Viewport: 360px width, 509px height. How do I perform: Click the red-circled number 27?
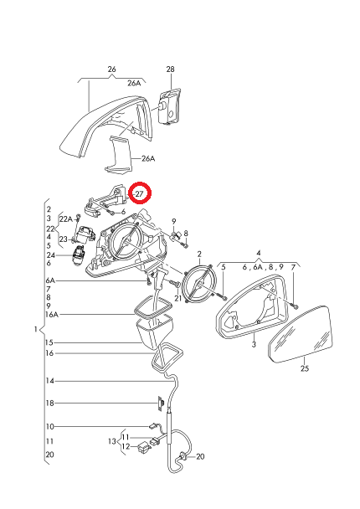coord(140,193)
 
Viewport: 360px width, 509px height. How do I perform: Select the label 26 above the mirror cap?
coord(111,69)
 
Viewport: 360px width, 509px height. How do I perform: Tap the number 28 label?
coord(170,69)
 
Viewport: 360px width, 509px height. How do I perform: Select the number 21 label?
coord(177,298)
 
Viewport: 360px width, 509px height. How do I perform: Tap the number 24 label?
coord(50,255)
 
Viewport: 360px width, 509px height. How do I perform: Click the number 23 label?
coord(63,239)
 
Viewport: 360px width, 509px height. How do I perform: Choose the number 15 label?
coord(49,342)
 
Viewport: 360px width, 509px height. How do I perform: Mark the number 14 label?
coord(49,381)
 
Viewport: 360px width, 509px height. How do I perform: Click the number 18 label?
coord(49,404)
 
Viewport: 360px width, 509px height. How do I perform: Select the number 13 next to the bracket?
coord(111,441)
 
